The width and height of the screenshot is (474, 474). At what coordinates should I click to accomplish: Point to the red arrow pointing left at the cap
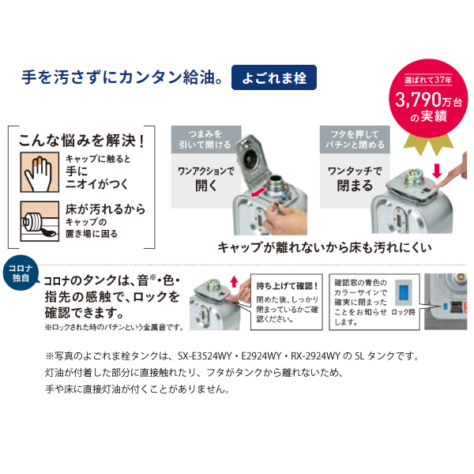(x=254, y=194)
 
